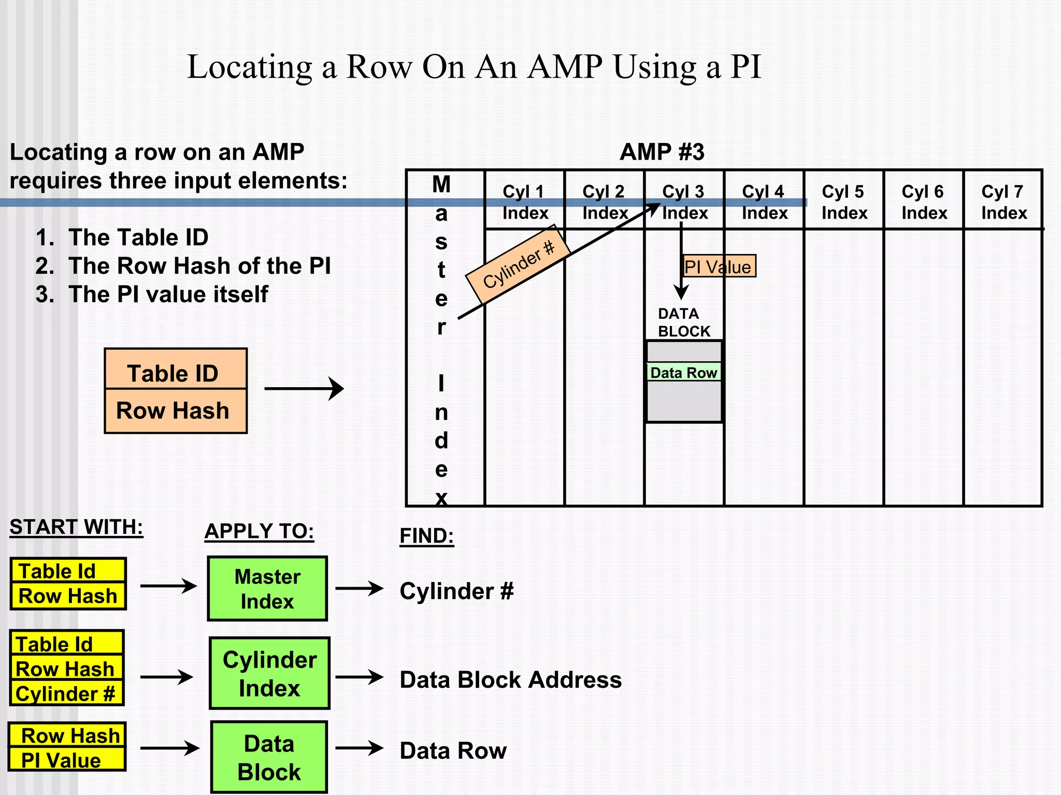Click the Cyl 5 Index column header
point(843,202)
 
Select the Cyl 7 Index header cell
point(1003,202)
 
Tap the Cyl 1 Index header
point(524,202)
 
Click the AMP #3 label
point(662,152)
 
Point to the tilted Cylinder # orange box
point(518,264)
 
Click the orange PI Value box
point(719,266)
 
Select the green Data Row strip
point(683,372)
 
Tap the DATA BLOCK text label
point(683,322)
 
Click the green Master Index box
point(267,589)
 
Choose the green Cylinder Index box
point(269,673)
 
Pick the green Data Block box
point(269,757)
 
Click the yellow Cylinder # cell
point(66,693)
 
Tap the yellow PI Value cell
point(66,760)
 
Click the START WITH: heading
point(76,527)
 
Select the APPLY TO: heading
point(259,531)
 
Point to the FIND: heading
point(426,536)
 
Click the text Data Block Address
point(510,679)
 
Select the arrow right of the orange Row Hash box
point(304,389)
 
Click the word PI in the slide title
point(745,67)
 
